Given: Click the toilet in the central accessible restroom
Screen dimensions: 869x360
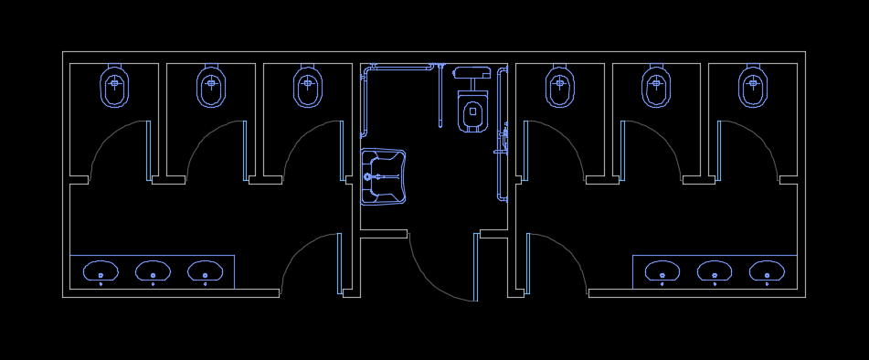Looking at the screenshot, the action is point(472,112).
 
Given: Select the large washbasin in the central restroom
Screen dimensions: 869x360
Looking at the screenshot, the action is point(385,176).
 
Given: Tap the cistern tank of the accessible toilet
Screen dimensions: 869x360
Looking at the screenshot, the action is point(469,71).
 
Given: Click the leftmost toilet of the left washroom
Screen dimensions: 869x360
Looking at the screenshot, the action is point(114,88).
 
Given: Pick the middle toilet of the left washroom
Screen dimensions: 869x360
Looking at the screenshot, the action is point(211,88).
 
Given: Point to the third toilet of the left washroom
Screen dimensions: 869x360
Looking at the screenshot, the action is point(309,88).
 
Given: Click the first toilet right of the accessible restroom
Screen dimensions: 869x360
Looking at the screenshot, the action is point(560,88).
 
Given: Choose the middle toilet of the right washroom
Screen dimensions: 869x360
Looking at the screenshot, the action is point(657,88).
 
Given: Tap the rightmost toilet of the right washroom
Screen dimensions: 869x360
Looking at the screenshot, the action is point(753,88).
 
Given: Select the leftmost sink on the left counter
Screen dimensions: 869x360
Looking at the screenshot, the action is point(101,271).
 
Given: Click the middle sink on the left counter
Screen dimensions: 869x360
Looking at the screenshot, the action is point(153,271).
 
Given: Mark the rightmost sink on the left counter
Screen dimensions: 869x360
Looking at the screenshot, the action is point(205,271).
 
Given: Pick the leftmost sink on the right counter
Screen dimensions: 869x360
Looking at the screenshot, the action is point(662,271).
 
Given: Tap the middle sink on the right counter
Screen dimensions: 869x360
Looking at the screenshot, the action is point(714,271).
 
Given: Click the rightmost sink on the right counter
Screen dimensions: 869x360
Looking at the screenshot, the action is point(766,271).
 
